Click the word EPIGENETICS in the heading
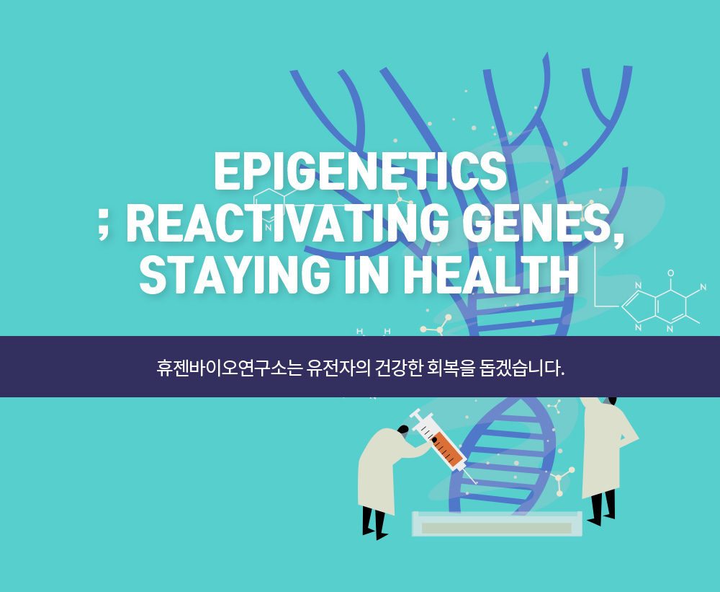[361, 170]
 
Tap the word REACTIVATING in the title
[287, 223]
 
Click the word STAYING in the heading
[235, 275]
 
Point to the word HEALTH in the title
[490, 275]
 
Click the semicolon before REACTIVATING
[104, 226]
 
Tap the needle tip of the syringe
[476, 483]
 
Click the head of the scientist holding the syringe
[402, 430]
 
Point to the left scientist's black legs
[374, 523]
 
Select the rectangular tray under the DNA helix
[497, 523]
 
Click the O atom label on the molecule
[671, 273]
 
